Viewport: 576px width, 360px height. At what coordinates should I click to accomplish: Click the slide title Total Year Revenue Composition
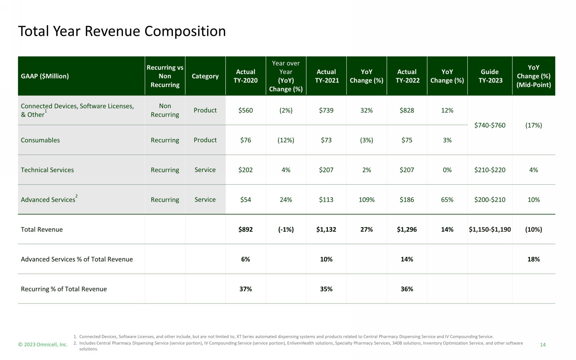(x=122, y=31)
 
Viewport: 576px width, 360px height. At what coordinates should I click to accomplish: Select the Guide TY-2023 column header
(x=490, y=76)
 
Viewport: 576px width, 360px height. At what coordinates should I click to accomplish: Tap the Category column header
(x=205, y=76)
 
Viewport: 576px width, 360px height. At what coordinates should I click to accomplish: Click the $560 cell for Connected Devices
(x=246, y=110)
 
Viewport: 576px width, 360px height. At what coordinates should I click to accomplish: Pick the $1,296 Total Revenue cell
(x=407, y=229)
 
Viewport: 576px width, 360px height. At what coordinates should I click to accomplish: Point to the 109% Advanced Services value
(x=366, y=200)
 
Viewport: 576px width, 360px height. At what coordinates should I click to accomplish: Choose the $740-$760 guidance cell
(x=490, y=125)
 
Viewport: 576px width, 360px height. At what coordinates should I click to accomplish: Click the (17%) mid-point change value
(x=534, y=125)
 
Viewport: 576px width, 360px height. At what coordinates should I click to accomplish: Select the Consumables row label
(x=40, y=140)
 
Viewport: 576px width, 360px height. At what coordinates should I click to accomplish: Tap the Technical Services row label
(x=47, y=170)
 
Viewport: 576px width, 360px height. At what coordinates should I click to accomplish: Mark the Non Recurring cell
(x=165, y=110)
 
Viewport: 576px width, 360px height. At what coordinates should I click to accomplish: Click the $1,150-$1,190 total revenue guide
(x=490, y=229)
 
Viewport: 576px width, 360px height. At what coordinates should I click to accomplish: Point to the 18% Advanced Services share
(x=534, y=259)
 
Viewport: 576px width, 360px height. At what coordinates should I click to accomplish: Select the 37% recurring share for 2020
(x=246, y=289)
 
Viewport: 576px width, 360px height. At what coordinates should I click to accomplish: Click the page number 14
(x=543, y=345)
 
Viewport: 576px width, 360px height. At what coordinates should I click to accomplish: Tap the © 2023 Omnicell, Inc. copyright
(x=43, y=345)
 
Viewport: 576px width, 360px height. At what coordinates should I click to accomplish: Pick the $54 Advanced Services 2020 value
(x=246, y=200)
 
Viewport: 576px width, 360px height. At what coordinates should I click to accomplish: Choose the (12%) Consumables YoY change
(x=286, y=140)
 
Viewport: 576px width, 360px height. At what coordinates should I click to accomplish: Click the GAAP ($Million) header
(x=45, y=76)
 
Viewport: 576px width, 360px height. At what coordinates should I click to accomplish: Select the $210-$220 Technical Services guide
(x=490, y=170)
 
